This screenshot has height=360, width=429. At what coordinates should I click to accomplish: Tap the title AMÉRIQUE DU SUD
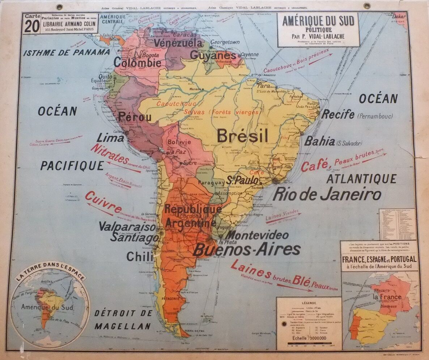pos(318,21)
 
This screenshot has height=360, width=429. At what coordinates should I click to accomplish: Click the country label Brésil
pos(243,136)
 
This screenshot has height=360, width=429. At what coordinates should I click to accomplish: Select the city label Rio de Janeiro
pos(327,194)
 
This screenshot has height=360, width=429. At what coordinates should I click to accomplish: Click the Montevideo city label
pos(257,235)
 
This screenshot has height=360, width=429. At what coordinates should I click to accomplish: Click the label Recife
pos(338,115)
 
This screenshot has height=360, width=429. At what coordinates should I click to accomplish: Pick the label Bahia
pos(319,141)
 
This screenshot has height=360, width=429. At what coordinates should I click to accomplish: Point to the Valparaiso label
pos(127,227)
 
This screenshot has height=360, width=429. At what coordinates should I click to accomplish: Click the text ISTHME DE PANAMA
pos(67,52)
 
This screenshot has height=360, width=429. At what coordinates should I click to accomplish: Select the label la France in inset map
pos(387,297)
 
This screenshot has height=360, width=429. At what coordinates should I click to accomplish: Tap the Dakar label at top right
pos(399,16)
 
